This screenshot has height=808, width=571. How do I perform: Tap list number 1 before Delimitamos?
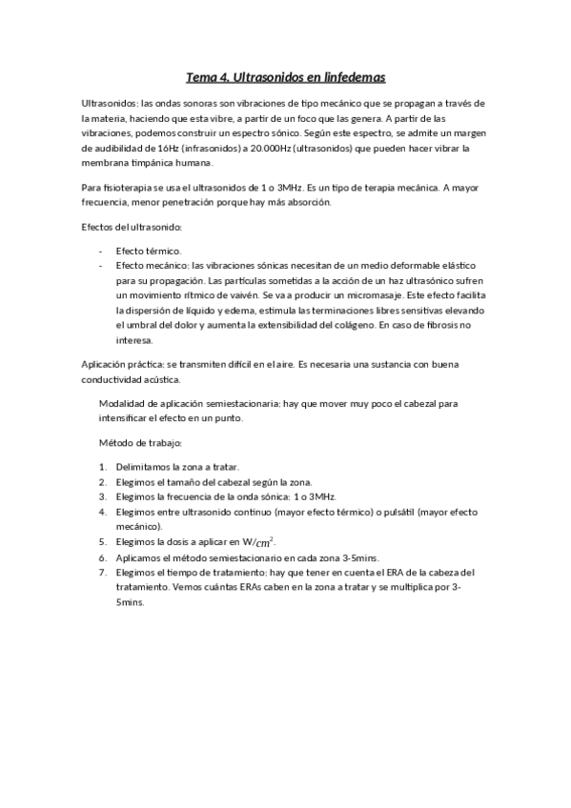point(102,467)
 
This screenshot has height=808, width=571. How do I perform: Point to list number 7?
point(102,573)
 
